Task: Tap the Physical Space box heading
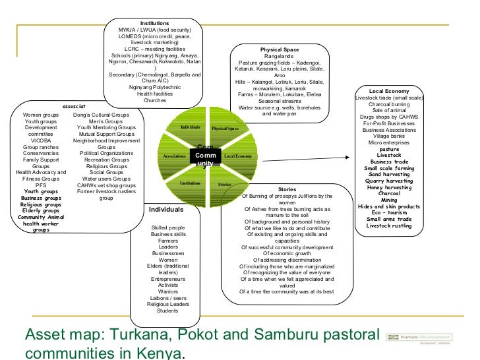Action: click(x=280, y=50)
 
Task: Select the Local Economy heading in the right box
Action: click(x=389, y=90)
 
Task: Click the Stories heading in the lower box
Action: click(x=287, y=189)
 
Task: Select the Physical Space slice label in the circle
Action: click(x=225, y=128)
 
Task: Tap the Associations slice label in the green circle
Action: click(x=174, y=156)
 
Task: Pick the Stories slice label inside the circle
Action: click(x=225, y=185)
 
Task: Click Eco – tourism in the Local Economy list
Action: click(x=389, y=212)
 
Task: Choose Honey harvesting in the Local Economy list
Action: click(x=389, y=187)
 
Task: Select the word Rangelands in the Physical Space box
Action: click(x=280, y=57)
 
